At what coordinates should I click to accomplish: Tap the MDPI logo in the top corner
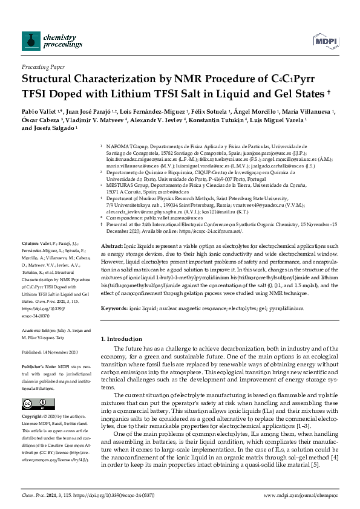[325, 41]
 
